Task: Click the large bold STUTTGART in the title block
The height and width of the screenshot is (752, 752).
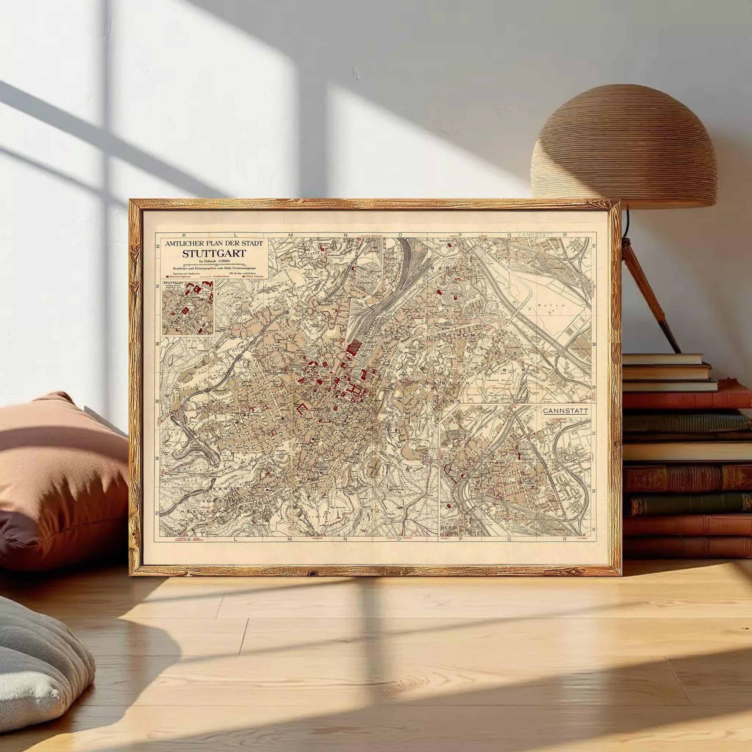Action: tap(214, 254)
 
